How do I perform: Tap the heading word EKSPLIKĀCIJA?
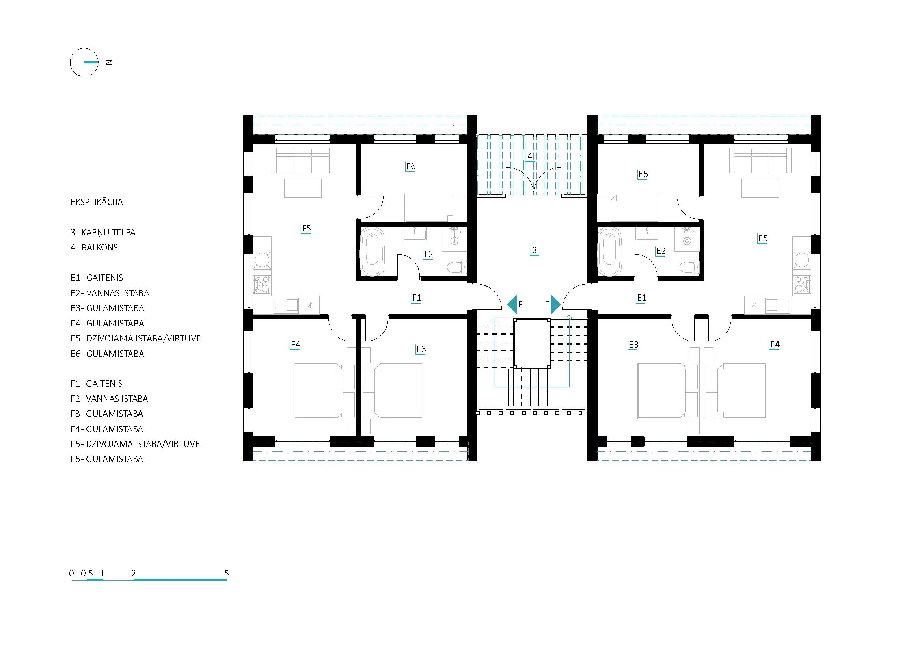click(x=97, y=202)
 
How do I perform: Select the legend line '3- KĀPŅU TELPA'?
click(x=103, y=233)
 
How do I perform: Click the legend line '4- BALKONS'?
click(x=94, y=247)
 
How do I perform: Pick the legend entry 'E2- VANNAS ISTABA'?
click(x=110, y=293)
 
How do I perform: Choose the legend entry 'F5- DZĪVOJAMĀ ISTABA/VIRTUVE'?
click(x=135, y=444)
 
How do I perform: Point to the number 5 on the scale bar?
click(x=227, y=573)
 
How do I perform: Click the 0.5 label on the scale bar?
click(x=87, y=573)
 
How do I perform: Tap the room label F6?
click(x=410, y=166)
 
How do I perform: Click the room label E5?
click(x=763, y=238)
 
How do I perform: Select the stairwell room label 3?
click(x=534, y=250)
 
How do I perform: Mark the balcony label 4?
click(x=530, y=156)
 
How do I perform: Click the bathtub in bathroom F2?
click(x=372, y=252)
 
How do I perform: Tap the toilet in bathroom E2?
click(x=689, y=266)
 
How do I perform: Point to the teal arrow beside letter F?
click(x=512, y=304)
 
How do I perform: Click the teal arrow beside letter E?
click(x=556, y=304)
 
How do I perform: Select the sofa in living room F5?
click(x=303, y=160)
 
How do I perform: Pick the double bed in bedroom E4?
click(x=736, y=391)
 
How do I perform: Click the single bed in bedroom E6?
click(x=628, y=208)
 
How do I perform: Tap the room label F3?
click(x=421, y=349)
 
